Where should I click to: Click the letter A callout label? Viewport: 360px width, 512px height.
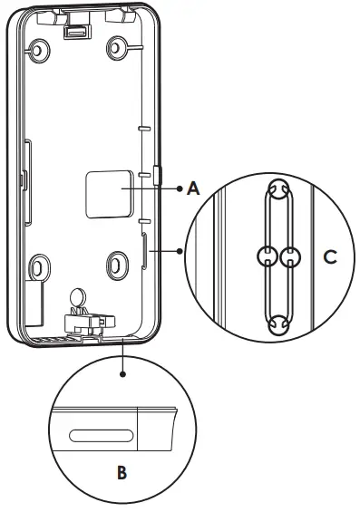(192, 189)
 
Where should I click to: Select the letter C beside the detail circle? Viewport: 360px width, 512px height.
(330, 257)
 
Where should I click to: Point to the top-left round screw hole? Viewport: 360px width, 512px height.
(38, 53)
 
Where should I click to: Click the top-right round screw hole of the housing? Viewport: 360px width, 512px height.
(119, 46)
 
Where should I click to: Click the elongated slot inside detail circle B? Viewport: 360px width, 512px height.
(100, 433)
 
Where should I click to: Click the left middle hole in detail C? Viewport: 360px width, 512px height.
(267, 256)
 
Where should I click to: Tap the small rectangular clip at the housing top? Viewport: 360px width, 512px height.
(78, 31)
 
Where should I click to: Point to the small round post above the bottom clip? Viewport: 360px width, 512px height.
(78, 296)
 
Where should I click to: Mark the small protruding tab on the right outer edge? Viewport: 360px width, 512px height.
(159, 174)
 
